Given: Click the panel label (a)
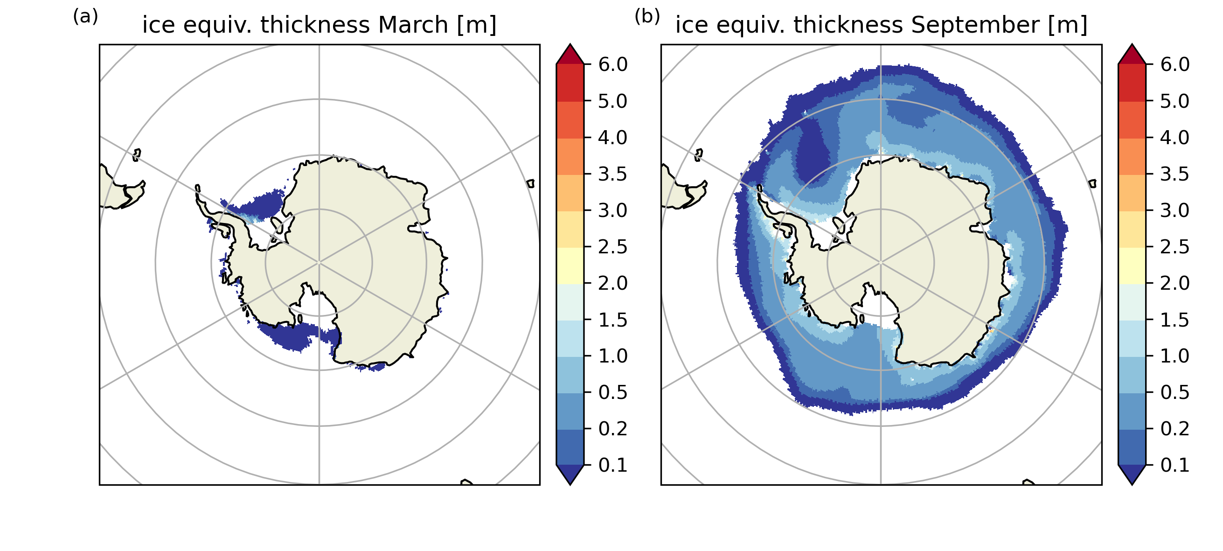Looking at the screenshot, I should point(85,17).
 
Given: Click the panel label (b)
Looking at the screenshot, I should point(647,17).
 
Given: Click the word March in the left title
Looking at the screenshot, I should point(410,25).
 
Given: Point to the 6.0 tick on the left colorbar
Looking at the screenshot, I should point(612,64).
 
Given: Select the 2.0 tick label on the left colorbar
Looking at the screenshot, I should point(612,284).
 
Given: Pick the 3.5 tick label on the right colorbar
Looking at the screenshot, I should point(1174,174).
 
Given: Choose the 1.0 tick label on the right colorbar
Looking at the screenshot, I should point(1174,356).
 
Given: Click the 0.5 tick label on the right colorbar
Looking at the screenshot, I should point(1174,393).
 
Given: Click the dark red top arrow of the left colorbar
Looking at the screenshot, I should point(570,55).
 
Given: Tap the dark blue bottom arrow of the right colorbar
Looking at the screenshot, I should point(1132,474).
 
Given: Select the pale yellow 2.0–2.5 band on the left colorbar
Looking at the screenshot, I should point(570,265).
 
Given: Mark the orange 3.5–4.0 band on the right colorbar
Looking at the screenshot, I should point(1132,156).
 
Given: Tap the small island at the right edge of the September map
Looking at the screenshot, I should point(1092,183).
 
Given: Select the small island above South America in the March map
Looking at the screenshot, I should point(137,154).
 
